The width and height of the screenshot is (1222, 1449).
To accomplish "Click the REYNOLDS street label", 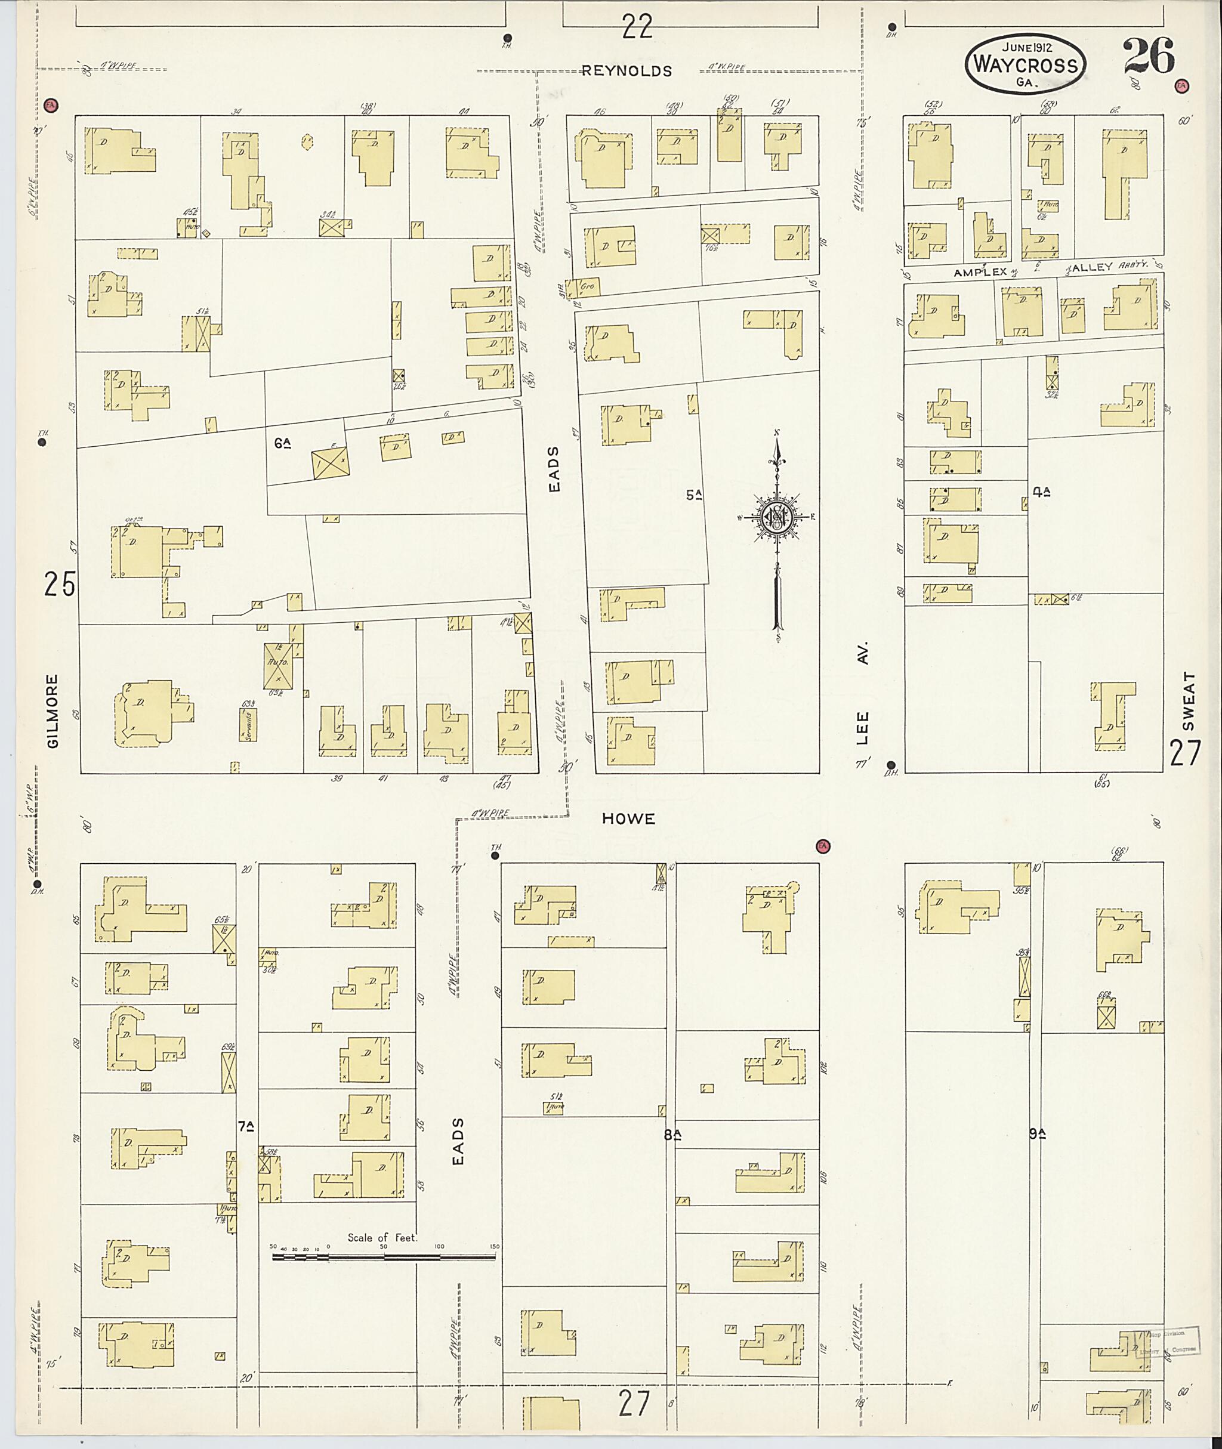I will [x=627, y=70].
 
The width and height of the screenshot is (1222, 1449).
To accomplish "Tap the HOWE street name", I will [x=628, y=818].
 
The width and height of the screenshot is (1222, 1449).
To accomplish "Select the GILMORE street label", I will [x=53, y=711].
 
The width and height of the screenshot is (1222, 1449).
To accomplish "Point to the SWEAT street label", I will [x=1189, y=701].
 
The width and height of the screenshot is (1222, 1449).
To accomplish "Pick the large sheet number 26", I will [x=1149, y=56].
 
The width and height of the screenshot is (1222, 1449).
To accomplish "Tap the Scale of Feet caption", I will [x=382, y=1238].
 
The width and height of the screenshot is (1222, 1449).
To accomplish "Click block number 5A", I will [x=694, y=495].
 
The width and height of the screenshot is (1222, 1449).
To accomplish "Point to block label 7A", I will [x=246, y=1126].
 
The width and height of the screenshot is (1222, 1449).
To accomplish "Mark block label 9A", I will [x=1037, y=1134].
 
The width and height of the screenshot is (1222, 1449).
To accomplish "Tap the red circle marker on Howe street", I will [x=823, y=846].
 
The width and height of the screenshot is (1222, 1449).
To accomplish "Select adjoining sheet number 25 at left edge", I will [x=59, y=584].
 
